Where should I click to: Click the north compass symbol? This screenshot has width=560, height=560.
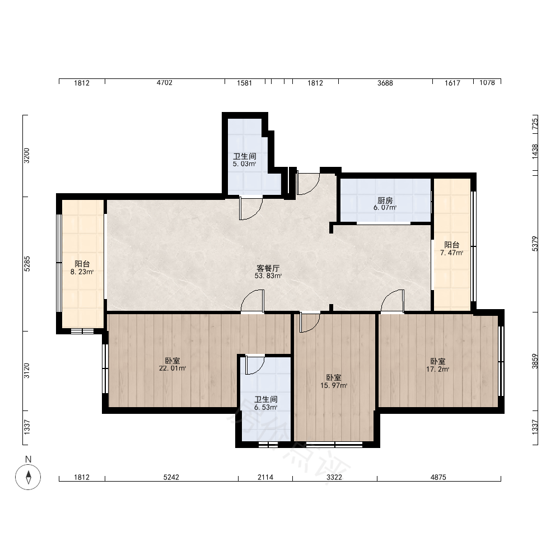(x=28, y=477)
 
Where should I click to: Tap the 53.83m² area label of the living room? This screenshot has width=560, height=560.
(x=268, y=276)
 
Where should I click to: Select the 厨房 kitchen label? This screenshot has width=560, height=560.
(x=385, y=200)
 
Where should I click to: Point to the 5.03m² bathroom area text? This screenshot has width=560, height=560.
(x=245, y=164)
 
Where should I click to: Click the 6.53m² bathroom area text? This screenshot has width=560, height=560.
(x=265, y=407)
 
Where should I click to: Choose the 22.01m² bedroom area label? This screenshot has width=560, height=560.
(x=172, y=368)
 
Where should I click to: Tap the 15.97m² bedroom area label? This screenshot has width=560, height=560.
(x=334, y=385)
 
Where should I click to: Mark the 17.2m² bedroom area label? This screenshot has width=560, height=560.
(x=437, y=369)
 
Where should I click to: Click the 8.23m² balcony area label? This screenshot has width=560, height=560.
(x=82, y=272)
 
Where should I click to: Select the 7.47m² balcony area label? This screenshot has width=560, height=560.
(x=452, y=253)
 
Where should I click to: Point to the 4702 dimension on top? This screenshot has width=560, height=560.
(x=164, y=83)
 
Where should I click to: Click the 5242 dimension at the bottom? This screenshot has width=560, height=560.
(x=171, y=477)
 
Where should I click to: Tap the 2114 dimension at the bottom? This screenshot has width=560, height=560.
(x=265, y=477)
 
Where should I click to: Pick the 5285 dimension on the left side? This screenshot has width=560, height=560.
(x=27, y=264)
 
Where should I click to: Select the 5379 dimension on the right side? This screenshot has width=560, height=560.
(x=535, y=244)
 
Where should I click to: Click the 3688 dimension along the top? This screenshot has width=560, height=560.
(x=385, y=83)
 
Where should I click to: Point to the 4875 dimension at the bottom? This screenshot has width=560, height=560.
(x=438, y=477)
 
